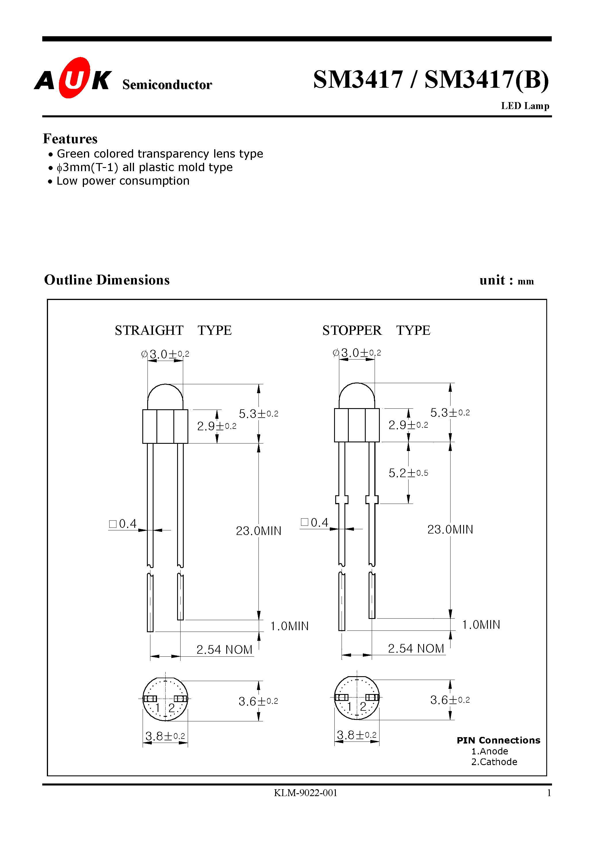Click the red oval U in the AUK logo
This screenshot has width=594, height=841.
[74, 78]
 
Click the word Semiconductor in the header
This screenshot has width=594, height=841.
[167, 85]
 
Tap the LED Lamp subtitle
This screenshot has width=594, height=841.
[525, 106]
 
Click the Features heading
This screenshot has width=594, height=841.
[70, 139]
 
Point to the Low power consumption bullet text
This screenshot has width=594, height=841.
[123, 181]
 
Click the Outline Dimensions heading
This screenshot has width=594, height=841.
[107, 280]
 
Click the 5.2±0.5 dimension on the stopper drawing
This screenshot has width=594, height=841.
[408, 473]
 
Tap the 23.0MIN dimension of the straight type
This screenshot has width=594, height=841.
[258, 531]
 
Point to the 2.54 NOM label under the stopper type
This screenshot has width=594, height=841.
[416, 648]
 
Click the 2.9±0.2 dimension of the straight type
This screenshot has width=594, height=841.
[216, 426]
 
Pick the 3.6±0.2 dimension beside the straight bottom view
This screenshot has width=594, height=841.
[258, 701]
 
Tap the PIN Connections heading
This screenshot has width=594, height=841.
[498, 740]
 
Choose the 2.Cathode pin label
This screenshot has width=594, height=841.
[494, 762]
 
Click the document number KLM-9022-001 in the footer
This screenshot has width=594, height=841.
[305, 793]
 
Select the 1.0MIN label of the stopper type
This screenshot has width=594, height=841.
[481, 624]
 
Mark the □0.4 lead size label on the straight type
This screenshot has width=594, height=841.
[123, 524]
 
